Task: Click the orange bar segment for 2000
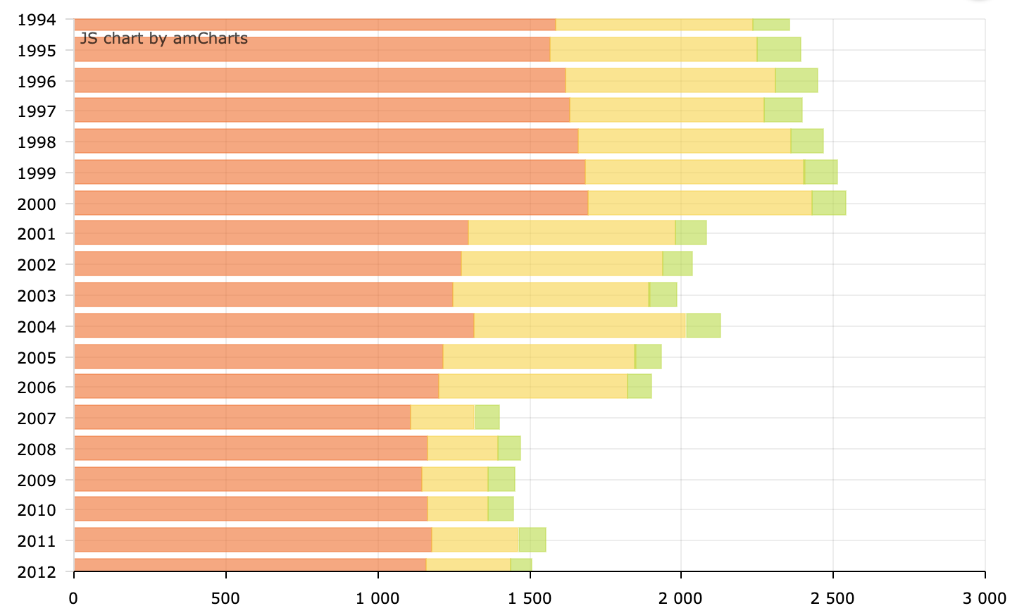pyautogui.click(x=331, y=203)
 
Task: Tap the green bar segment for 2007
pyautogui.click(x=487, y=417)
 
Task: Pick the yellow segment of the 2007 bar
pyautogui.click(x=442, y=417)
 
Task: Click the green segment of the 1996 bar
pyautogui.click(x=797, y=80)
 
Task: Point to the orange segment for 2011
pyautogui.click(x=253, y=540)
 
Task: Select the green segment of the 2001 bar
pyautogui.click(x=691, y=233)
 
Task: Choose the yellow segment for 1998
pyautogui.click(x=684, y=141)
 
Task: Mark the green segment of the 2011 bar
pyautogui.click(x=532, y=540)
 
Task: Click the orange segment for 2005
pyautogui.click(x=258, y=357)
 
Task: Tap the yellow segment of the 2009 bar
pyautogui.click(x=455, y=479)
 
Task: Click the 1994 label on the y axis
pyautogui.click(x=37, y=20)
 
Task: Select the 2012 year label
pyautogui.click(x=37, y=571)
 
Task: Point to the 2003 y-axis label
pyautogui.click(x=37, y=296)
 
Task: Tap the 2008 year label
pyautogui.click(x=37, y=450)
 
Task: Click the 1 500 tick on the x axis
pyautogui.click(x=530, y=599)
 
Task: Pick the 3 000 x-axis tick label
pyautogui.click(x=985, y=599)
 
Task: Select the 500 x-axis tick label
pyautogui.click(x=225, y=599)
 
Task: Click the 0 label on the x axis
pyautogui.click(x=73, y=599)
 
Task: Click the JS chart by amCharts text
pyautogui.click(x=164, y=39)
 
